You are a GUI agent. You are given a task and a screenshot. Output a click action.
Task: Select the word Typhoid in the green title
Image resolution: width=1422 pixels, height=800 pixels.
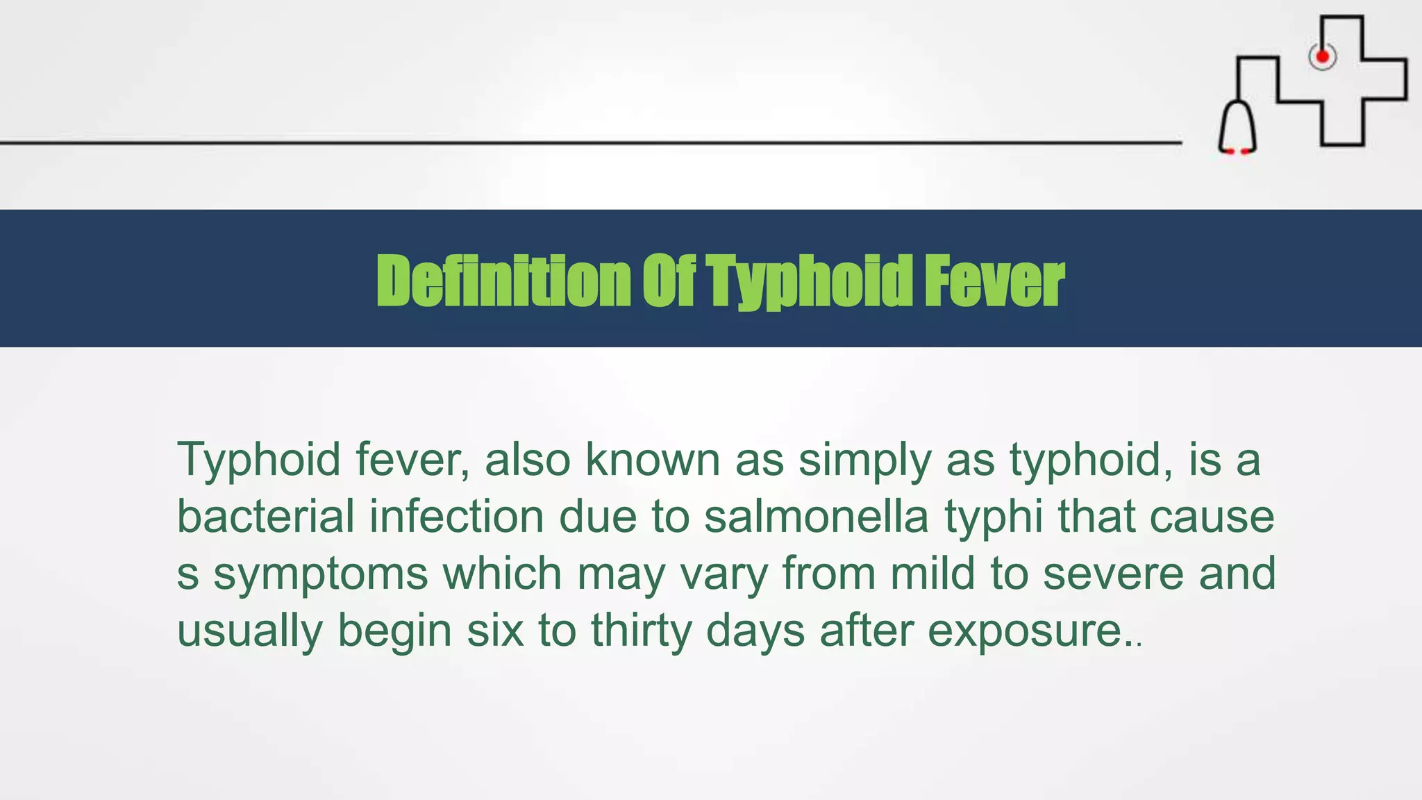810,281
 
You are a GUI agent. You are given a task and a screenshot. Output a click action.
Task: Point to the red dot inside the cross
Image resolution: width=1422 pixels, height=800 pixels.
1323,56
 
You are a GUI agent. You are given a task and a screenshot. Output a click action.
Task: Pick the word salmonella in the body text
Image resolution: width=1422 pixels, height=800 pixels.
816,517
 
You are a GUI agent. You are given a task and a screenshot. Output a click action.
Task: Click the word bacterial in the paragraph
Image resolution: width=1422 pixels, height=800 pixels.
265,517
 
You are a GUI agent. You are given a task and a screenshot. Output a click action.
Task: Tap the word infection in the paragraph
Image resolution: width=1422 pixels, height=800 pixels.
456,517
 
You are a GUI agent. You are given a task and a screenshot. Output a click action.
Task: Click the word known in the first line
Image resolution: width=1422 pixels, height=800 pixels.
653,460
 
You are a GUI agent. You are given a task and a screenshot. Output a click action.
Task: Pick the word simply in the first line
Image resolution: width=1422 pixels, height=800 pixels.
864,461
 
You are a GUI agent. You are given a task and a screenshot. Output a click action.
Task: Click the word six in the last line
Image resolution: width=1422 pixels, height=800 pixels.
494,631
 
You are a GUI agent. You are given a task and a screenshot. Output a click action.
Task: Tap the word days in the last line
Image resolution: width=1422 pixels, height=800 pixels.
755,631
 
